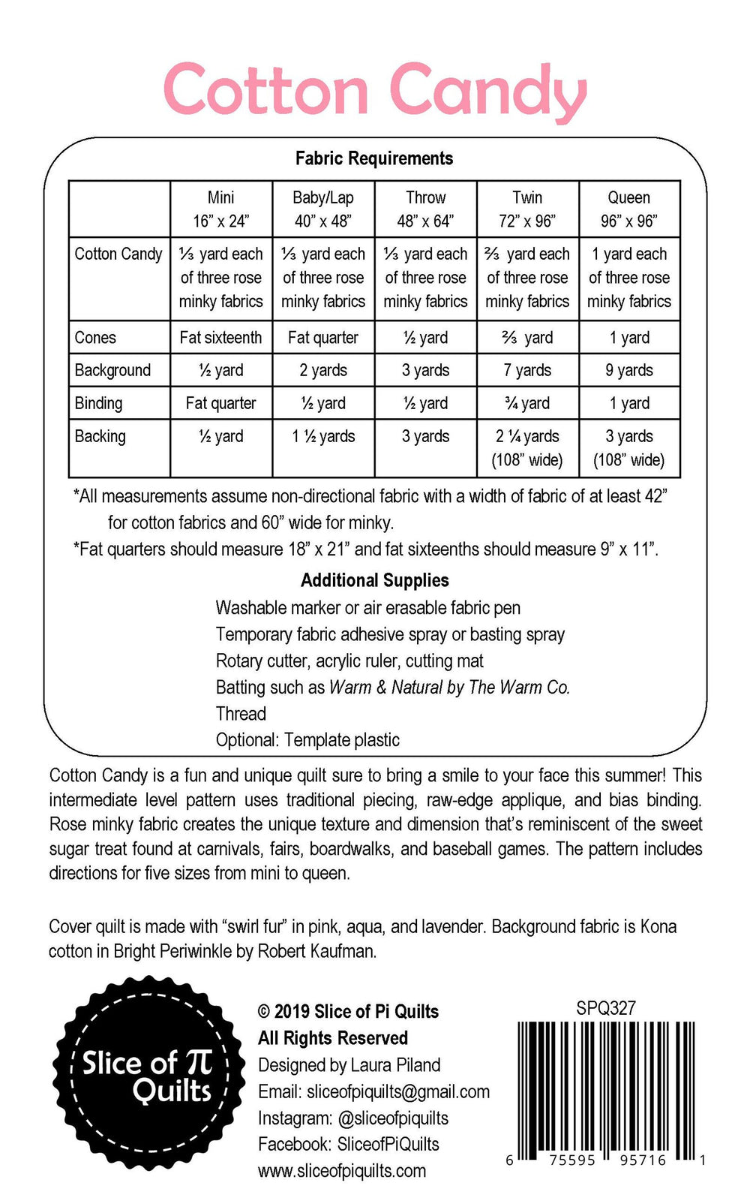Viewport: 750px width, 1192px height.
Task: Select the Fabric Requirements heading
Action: tap(373, 158)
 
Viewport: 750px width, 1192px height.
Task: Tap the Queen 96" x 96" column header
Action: tap(628, 209)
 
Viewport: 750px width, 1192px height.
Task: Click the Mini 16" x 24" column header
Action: tap(220, 209)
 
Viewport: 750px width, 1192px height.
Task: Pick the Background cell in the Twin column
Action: tap(527, 370)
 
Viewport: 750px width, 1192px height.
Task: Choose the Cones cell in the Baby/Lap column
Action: tap(323, 338)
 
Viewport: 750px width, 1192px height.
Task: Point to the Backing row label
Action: tap(100, 436)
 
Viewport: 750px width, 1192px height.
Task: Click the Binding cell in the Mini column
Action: tap(220, 403)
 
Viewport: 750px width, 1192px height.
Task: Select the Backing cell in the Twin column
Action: tap(527, 447)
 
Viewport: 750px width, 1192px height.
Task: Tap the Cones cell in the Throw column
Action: tap(425, 338)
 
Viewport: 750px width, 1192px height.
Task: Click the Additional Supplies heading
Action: tap(374, 580)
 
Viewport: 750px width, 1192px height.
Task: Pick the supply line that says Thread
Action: tap(241, 713)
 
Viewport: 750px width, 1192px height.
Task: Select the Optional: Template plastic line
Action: tap(307, 740)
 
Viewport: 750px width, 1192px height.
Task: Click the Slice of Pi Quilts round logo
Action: tap(148, 1073)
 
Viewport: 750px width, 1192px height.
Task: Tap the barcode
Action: tap(606, 1088)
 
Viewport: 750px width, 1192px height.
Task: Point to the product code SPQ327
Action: tap(606, 1008)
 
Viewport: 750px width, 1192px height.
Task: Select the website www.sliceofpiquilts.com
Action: tap(341, 1171)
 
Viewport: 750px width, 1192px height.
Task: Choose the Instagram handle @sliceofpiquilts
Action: tap(393, 1118)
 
